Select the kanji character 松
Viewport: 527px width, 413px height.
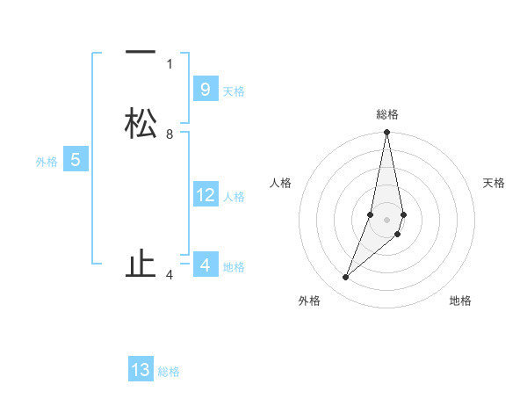pyautogui.click(x=141, y=123)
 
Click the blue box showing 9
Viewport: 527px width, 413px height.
pyautogui.click(x=205, y=89)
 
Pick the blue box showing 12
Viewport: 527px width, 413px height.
pyautogui.click(x=205, y=195)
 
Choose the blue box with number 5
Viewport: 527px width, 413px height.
pyautogui.click(x=75, y=160)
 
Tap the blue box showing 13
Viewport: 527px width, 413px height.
pyautogui.click(x=141, y=370)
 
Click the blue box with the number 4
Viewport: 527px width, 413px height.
pyautogui.click(x=205, y=264)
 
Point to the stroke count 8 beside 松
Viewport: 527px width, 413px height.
pyautogui.click(x=170, y=134)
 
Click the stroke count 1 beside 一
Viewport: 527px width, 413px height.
pyautogui.click(x=170, y=63)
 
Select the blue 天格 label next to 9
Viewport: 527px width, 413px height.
pyautogui.click(x=234, y=91)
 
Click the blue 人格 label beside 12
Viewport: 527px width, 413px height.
pyautogui.click(x=234, y=197)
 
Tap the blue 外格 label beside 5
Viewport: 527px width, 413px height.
pyautogui.click(x=47, y=162)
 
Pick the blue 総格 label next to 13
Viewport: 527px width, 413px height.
pyautogui.click(x=169, y=372)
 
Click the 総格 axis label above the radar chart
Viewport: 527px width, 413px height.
pyautogui.click(x=387, y=114)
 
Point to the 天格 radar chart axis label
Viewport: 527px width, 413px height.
pyautogui.click(x=494, y=183)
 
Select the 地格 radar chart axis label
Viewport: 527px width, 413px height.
pyautogui.click(x=460, y=301)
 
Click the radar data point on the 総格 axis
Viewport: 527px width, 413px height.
pyautogui.click(x=386, y=133)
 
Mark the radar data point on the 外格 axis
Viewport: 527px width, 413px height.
pyautogui.click(x=345, y=278)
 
